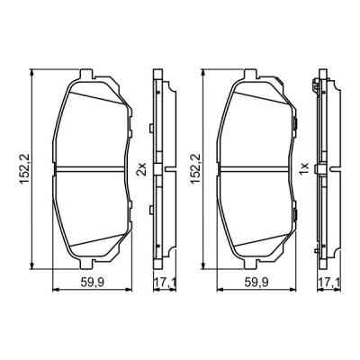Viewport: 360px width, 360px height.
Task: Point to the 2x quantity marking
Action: tap(140, 168)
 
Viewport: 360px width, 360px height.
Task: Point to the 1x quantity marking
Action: tap(306, 168)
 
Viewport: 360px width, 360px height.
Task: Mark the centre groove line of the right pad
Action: tap(256, 169)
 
